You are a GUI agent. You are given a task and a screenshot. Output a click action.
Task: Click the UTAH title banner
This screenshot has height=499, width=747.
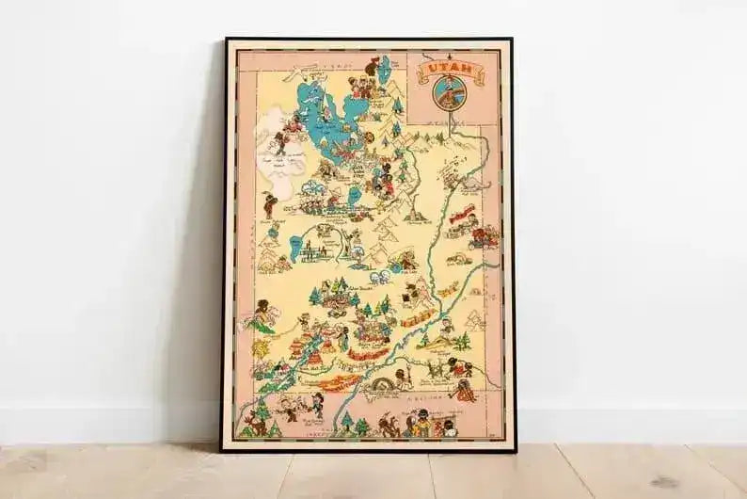[446, 69]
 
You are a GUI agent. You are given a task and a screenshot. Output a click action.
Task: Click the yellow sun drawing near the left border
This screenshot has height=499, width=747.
[260, 347]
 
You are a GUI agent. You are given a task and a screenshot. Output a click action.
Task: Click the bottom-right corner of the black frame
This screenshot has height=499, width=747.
[514, 450]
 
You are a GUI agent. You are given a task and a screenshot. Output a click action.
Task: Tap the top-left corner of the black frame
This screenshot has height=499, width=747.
[225, 40]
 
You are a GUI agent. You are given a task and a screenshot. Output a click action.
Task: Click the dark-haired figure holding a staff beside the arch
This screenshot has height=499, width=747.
[402, 378]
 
